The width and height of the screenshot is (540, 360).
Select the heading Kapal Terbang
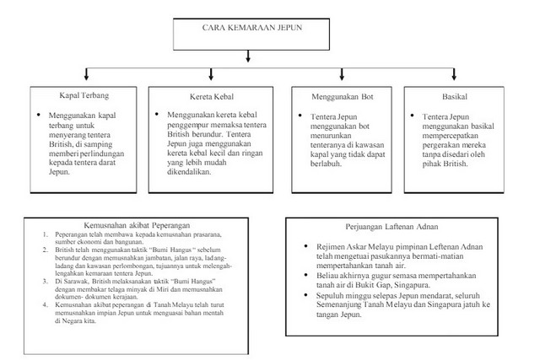coord(73,95)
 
